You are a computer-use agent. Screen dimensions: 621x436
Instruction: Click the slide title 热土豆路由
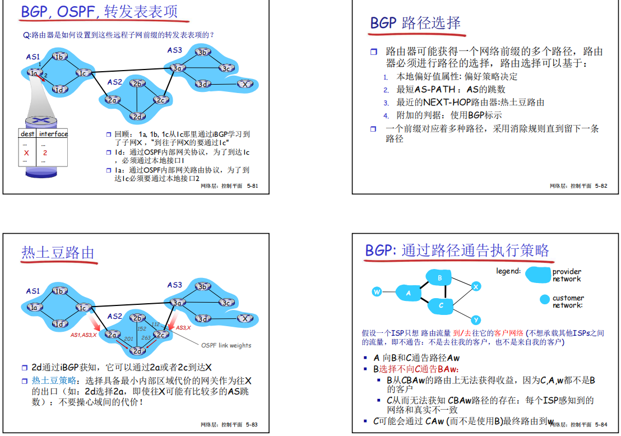pyautogui.click(x=58, y=253)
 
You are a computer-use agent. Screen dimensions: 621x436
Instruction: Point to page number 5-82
pyautogui.click(x=601, y=185)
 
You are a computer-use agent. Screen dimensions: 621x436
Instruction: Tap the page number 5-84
pyautogui.click(x=601, y=425)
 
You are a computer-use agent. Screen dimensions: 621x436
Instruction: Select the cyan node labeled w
pyautogui.click(x=377, y=292)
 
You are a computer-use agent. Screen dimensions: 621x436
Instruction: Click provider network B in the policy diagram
pyautogui.click(x=441, y=278)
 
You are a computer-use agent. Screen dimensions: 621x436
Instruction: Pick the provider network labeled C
pyautogui.click(x=442, y=305)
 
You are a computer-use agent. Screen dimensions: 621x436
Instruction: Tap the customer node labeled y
pyautogui.click(x=476, y=320)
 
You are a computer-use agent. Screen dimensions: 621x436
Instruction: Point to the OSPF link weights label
pyautogui.click(x=226, y=345)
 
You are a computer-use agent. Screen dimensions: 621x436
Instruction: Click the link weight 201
pyautogui.click(x=128, y=339)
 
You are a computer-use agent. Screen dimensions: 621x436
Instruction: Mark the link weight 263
pyautogui.click(x=146, y=338)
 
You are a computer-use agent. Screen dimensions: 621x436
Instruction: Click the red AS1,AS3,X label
pyautogui.click(x=84, y=335)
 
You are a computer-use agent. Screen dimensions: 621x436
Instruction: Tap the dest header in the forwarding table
pyautogui.click(x=27, y=134)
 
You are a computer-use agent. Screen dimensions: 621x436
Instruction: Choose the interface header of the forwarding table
pyautogui.click(x=53, y=134)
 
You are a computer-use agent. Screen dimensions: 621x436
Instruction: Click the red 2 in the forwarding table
pyautogui.click(x=45, y=152)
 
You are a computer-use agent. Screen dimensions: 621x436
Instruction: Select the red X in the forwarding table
pyautogui.click(x=26, y=152)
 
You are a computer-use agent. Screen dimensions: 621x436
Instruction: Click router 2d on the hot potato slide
pyautogui.click(x=137, y=351)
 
